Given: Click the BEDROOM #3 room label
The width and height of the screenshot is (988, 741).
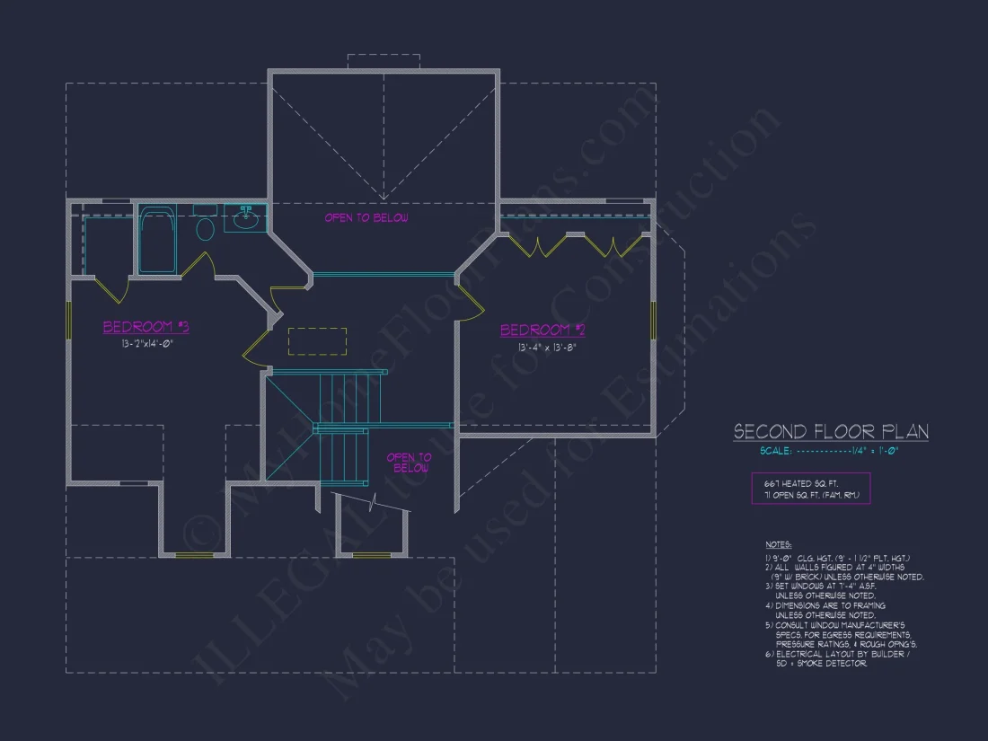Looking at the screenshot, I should (x=146, y=327).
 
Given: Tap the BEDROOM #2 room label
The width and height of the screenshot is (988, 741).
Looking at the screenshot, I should (x=543, y=331).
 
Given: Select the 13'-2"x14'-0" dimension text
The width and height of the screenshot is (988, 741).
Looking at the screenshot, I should (x=146, y=343).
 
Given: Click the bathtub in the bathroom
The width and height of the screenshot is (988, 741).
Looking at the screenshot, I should (x=158, y=240).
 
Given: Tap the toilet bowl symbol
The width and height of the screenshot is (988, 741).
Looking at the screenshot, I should (x=205, y=229).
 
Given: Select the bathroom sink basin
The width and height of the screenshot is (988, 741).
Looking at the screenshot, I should (x=244, y=216).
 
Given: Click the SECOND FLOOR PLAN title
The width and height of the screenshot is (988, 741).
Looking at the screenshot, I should (x=831, y=432).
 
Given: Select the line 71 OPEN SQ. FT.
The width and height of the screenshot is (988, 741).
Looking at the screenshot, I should (x=812, y=495).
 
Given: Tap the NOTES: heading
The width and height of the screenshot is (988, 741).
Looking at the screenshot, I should (x=778, y=544).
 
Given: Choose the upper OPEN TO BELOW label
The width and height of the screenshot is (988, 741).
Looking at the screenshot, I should (x=366, y=218).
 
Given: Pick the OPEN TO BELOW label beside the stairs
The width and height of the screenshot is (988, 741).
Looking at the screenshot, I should (x=409, y=463).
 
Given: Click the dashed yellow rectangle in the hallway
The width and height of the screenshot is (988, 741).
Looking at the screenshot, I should (x=317, y=341).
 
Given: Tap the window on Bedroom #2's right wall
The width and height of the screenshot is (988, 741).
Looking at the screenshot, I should (x=654, y=321).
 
